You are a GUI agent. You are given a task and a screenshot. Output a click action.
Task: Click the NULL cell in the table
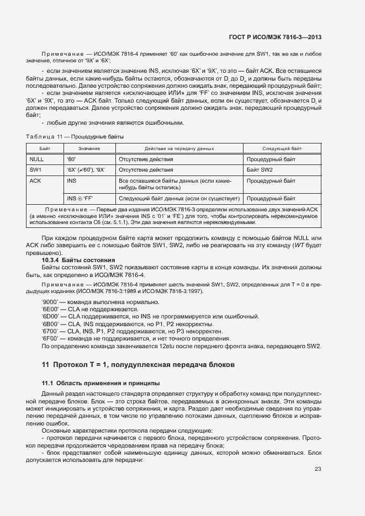coord(36,159)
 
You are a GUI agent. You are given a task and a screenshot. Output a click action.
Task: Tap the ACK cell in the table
coord(35,180)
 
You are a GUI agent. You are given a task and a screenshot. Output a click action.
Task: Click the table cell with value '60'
coord(72,159)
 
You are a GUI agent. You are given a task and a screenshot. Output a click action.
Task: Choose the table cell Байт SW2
coord(260,170)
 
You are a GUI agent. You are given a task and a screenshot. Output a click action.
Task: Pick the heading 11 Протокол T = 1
coord(139,365)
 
